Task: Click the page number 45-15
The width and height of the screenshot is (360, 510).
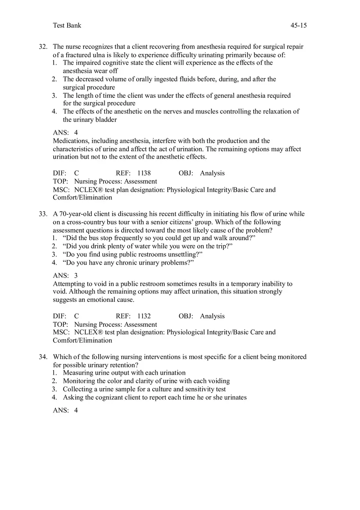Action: (x=298, y=25)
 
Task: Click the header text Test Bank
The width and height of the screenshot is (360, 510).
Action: (x=67, y=25)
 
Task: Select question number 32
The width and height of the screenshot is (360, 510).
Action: (x=43, y=47)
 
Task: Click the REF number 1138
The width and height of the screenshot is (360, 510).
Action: (x=144, y=173)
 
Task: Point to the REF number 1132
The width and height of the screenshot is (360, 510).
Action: (x=144, y=316)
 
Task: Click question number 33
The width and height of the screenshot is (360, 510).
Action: (x=43, y=214)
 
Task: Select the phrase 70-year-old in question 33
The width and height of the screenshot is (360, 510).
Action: (x=75, y=214)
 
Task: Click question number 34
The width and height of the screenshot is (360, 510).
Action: (x=43, y=357)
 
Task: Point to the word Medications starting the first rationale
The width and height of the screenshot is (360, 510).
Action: (x=71, y=141)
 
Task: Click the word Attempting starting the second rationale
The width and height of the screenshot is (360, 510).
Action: (x=69, y=284)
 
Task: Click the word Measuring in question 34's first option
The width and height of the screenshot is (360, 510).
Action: (x=78, y=373)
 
